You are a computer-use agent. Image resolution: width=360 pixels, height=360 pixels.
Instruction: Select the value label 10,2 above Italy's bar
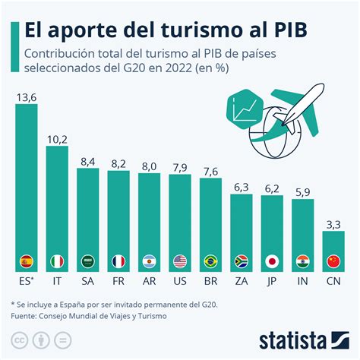[x=57, y=138]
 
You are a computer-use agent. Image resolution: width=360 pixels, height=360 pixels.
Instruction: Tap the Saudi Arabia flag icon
[x=88, y=261]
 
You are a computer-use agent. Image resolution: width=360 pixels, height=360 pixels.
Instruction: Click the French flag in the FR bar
[x=118, y=261]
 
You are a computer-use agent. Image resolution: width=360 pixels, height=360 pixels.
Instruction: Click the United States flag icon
[x=180, y=261]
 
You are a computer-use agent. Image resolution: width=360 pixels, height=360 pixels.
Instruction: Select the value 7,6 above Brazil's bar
[x=211, y=170]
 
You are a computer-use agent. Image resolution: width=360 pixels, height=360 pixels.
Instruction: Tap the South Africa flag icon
[x=242, y=261]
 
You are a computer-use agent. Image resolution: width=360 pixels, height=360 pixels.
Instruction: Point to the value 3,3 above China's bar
[x=333, y=224]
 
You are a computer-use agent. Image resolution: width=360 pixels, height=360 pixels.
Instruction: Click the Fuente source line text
[x=87, y=315]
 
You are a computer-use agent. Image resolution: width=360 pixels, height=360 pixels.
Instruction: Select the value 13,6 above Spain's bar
[x=27, y=96]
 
